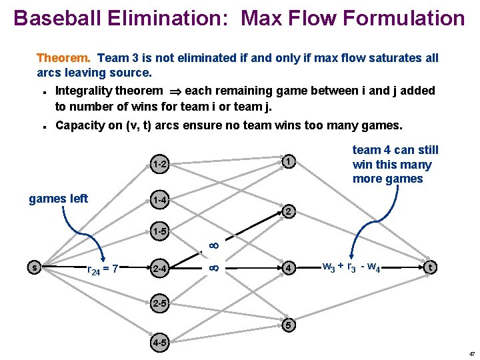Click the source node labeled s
pyautogui.click(x=34, y=267)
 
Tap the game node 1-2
pyautogui.click(x=159, y=164)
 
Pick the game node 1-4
pyautogui.click(x=159, y=199)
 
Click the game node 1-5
pyautogui.click(x=159, y=233)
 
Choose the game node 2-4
pyautogui.click(x=159, y=269)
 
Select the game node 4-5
pyautogui.click(x=159, y=344)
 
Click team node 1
pyautogui.click(x=285, y=161)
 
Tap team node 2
pyautogui.click(x=285, y=212)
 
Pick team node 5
pyautogui.click(x=287, y=326)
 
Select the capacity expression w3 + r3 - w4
pyautogui.click(x=351, y=268)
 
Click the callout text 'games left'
pyautogui.click(x=58, y=198)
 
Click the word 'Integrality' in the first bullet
pyautogui.click(x=83, y=91)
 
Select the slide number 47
pyautogui.click(x=471, y=354)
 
